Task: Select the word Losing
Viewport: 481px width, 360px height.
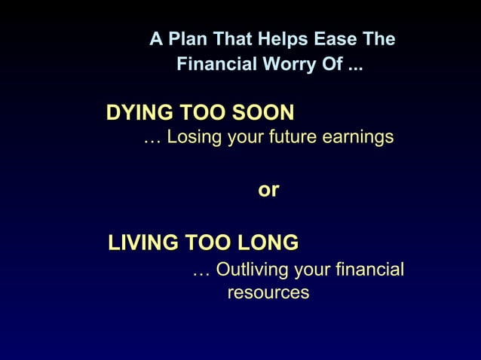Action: click(191, 138)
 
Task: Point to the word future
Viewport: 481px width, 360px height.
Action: click(290, 138)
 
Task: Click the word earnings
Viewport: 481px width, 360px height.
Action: click(357, 138)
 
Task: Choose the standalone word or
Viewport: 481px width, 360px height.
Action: click(268, 191)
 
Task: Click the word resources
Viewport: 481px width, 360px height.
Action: click(268, 292)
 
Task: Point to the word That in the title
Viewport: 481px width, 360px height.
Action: click(232, 39)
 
